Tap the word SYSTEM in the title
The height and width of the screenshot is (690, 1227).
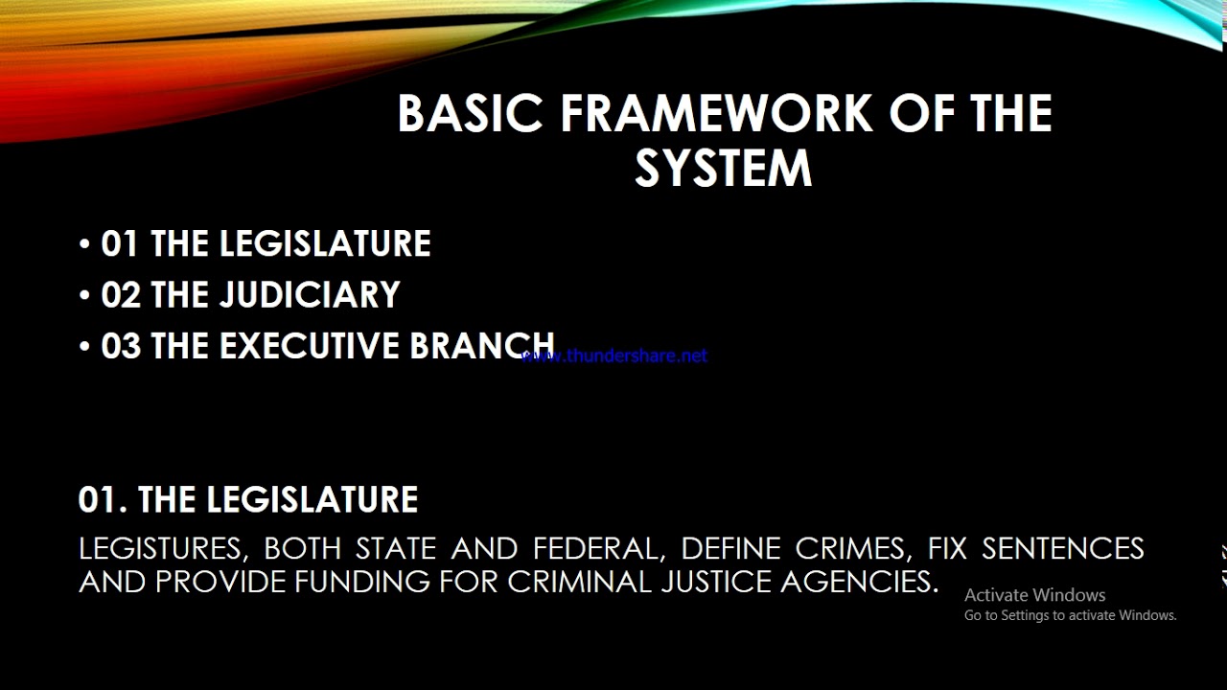(x=723, y=169)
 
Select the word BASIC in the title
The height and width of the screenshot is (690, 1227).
(x=471, y=114)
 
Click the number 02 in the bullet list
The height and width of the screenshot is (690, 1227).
(x=120, y=295)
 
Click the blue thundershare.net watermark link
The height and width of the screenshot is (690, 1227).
(x=614, y=356)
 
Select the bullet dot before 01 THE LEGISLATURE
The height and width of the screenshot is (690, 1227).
(x=85, y=244)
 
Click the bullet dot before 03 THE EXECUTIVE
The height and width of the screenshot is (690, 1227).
(x=85, y=347)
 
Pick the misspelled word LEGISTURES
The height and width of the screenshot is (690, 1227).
(x=159, y=549)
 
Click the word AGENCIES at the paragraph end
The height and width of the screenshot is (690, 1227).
(x=859, y=582)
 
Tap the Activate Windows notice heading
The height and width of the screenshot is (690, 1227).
(x=1034, y=595)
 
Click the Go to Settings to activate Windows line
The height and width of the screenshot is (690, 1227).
(x=1070, y=615)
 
